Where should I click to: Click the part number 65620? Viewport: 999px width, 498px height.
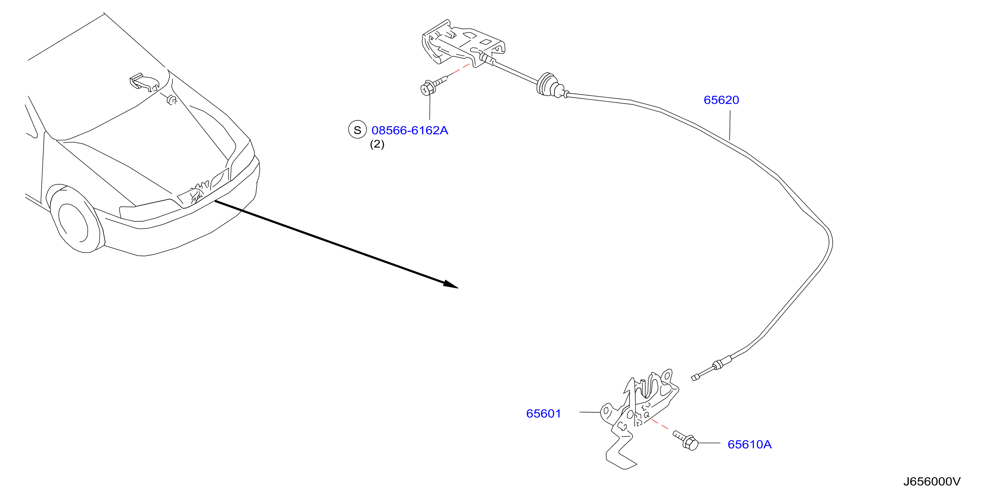click(721, 100)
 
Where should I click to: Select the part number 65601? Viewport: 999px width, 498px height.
click(543, 413)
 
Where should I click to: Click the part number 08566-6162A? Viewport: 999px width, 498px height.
click(409, 130)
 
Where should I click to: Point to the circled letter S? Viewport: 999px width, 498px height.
click(357, 130)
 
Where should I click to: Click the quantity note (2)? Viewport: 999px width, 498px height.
click(377, 144)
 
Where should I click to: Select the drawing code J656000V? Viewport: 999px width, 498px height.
click(932, 481)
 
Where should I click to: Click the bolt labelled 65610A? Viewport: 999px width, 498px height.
click(686, 441)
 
